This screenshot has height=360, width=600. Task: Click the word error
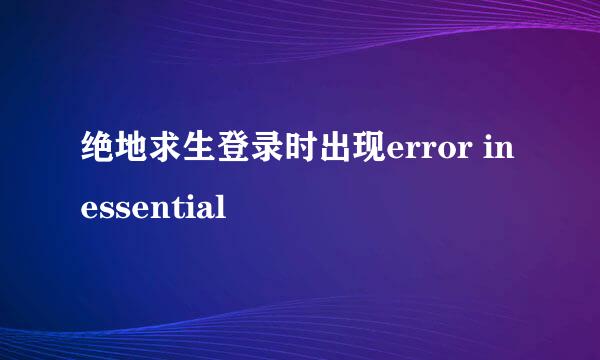pyautogui.click(x=429, y=149)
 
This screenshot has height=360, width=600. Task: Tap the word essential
pyautogui.click(x=153, y=207)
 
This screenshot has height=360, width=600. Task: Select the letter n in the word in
pyautogui.click(x=504, y=149)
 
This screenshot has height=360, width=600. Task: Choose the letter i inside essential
pyautogui.click(x=191, y=207)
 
